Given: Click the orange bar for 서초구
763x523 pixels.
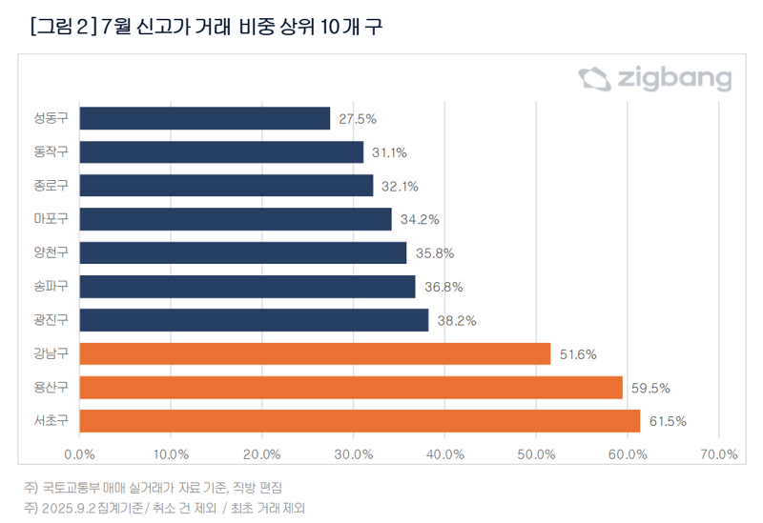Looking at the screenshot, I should [x=360, y=420].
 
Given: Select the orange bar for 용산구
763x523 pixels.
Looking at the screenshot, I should [x=351, y=387].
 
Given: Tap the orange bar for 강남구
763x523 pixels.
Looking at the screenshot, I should [x=315, y=353].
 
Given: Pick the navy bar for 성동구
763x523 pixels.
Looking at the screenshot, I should [x=204, y=118].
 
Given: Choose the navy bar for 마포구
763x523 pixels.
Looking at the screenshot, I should [x=236, y=219].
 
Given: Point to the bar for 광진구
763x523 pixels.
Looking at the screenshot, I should [x=254, y=320].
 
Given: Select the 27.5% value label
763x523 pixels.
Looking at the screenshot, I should [x=358, y=119].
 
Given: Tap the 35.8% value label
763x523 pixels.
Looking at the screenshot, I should [x=435, y=253].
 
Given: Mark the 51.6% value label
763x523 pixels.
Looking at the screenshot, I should [x=577, y=354].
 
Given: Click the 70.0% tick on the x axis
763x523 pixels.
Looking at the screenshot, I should [x=718, y=454].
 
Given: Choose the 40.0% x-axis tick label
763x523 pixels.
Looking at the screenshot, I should [x=444, y=454].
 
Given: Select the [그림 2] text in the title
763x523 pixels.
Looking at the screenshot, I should [x=61, y=26].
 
